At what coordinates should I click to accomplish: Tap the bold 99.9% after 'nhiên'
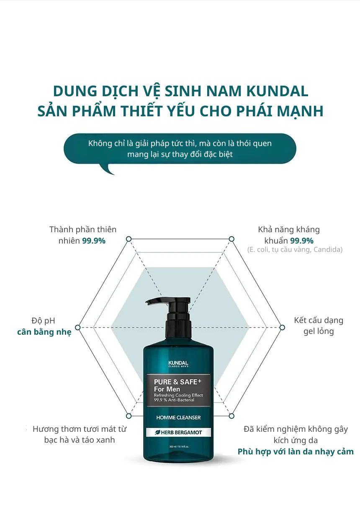pos(93,241)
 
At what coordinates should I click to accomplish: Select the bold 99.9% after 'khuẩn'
pos(302,241)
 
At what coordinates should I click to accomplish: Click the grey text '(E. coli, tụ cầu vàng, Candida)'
pos(295,250)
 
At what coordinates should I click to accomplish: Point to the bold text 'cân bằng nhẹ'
pos(44,332)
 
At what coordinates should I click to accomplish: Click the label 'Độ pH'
pos(43,321)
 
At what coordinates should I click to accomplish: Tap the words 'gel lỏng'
pos(319,332)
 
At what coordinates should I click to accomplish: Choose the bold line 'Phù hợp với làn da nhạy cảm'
pos(296,452)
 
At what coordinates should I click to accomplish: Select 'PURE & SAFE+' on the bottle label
pos(178,382)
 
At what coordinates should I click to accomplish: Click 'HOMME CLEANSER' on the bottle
pos(178,418)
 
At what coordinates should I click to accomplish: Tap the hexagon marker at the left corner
pos(77,327)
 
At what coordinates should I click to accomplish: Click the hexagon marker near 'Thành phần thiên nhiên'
pos(129,239)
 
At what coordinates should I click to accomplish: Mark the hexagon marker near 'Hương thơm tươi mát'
pos(129,416)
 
